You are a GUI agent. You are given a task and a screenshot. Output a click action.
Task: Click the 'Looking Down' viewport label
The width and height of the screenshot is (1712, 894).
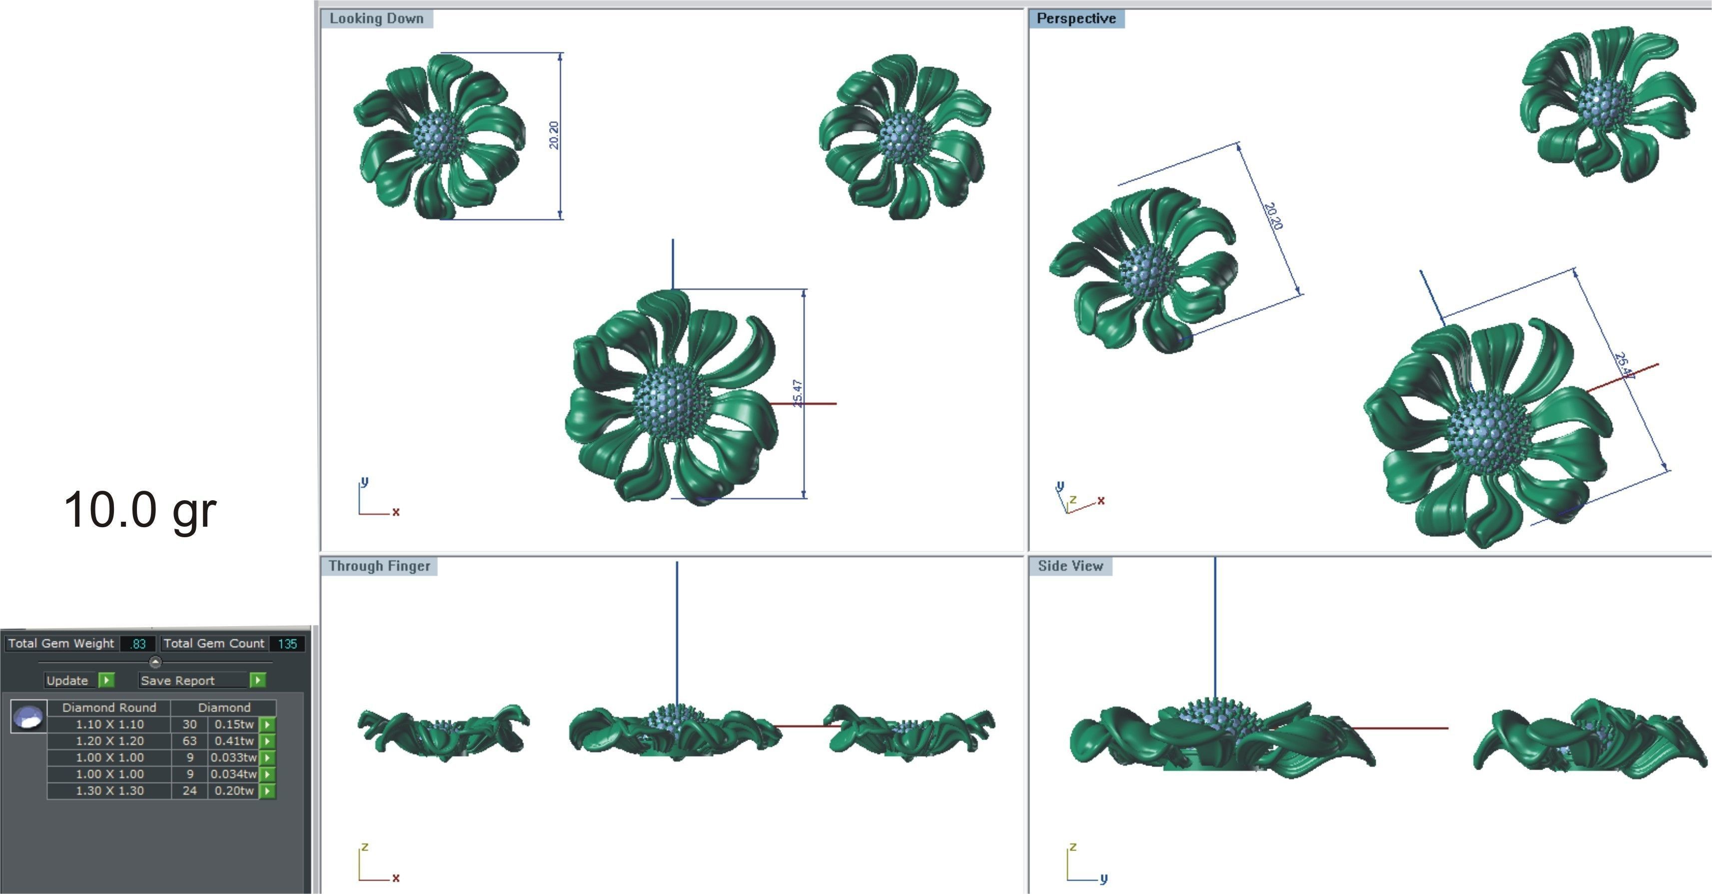click(x=376, y=18)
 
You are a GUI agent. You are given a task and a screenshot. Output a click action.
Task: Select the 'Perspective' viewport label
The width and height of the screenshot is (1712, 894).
click(x=1076, y=18)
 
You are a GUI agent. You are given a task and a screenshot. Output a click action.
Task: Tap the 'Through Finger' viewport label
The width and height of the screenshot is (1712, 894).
click(x=379, y=566)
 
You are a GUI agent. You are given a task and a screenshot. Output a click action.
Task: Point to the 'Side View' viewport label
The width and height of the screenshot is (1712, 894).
click(x=1070, y=566)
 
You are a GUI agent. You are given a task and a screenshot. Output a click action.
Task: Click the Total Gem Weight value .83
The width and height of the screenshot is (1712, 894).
click(x=138, y=644)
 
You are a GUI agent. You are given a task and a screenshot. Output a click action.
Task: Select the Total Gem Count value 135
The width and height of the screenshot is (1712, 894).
click(x=287, y=644)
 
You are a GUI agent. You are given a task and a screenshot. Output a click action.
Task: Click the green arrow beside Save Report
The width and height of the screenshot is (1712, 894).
click(x=258, y=680)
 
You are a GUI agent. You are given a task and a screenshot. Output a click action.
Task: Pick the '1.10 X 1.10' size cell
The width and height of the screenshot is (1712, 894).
click(x=109, y=725)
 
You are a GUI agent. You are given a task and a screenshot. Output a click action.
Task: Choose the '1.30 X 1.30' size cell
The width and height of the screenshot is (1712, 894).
click(x=109, y=791)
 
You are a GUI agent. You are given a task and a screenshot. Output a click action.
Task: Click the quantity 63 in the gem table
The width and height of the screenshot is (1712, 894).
click(x=189, y=741)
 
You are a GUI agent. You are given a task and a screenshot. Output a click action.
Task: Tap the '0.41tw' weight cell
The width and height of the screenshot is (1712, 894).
click(x=234, y=741)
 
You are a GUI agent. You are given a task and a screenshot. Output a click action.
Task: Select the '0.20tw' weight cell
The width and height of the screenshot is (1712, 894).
click(x=234, y=791)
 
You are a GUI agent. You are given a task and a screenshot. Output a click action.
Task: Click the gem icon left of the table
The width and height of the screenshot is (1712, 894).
click(x=28, y=717)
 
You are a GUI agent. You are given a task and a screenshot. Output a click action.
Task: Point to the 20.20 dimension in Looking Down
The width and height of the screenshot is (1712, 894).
click(x=554, y=135)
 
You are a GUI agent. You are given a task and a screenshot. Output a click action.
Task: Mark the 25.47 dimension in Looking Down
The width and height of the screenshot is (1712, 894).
click(x=798, y=393)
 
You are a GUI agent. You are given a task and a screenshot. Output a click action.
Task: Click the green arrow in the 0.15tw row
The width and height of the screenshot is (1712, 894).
click(x=267, y=725)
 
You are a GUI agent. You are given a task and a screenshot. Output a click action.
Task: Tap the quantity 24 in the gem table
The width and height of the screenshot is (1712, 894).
click(x=189, y=791)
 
